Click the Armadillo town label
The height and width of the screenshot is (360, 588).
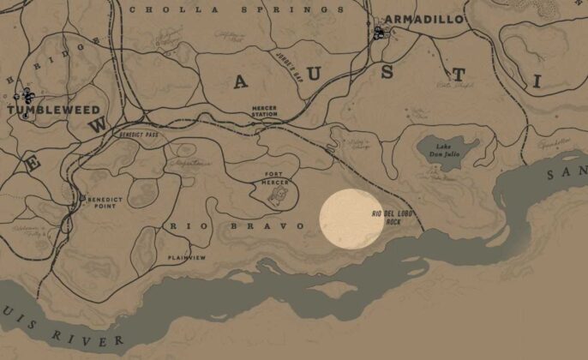(423, 19)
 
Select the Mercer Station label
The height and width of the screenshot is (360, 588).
(264, 111)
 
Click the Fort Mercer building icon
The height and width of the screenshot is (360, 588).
(278, 196)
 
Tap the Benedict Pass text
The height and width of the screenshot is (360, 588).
(139, 135)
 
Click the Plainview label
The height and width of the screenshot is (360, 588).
(186, 257)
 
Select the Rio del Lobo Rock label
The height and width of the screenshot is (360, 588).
(387, 217)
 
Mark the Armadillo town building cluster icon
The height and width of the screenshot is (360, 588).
(379, 33)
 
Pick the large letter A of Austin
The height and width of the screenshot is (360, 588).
(240, 81)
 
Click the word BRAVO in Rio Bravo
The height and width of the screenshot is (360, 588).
(285, 225)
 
